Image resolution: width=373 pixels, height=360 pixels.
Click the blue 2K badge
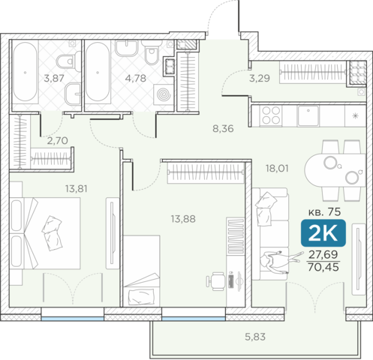coord(323,233)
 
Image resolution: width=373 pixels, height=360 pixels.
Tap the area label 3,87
coord(54,79)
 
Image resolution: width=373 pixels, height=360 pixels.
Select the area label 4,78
coord(136,79)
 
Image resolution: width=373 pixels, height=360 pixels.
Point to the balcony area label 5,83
coord(255,337)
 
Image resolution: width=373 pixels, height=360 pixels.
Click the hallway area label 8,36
coord(223,129)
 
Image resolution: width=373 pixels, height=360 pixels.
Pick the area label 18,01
coord(277,169)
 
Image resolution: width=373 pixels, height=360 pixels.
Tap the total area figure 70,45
coord(323,267)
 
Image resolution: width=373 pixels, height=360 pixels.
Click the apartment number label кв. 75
coord(324,212)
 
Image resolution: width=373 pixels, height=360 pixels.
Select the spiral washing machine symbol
coord(164,94)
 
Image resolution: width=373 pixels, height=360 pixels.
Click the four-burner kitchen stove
coord(271,115)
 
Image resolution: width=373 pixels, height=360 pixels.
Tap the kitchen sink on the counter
coord(308,115)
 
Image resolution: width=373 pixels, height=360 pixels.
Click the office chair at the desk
coord(215,281)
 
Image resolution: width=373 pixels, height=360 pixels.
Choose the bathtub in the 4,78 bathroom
coord(97,72)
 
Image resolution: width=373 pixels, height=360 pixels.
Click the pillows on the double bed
coord(52,232)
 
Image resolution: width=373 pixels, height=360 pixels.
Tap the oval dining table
coord(335,170)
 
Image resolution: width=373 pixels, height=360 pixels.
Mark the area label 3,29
coord(260,79)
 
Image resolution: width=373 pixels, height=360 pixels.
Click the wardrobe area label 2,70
coord(57,141)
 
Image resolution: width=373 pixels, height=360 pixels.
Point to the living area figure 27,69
coord(323,254)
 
